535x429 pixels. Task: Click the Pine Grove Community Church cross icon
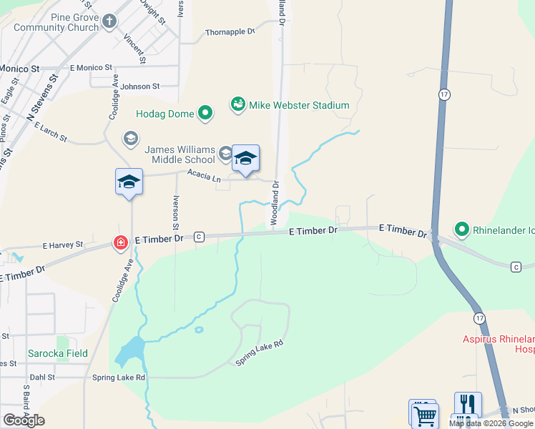click(109, 21)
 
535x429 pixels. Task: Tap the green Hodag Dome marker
click(205, 113)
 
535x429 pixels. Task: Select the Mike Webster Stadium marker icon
click(237, 105)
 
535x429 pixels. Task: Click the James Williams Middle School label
click(180, 154)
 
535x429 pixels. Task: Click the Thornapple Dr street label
click(230, 32)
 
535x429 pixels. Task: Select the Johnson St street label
click(139, 87)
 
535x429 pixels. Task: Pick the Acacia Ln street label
click(204, 174)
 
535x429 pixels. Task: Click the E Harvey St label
click(63, 244)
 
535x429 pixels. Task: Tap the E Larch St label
click(50, 131)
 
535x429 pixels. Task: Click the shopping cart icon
click(425, 415)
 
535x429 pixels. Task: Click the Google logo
click(24, 420)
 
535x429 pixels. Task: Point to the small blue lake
click(129, 351)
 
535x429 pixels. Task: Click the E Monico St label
click(92, 67)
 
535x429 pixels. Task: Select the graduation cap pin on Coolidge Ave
click(129, 182)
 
